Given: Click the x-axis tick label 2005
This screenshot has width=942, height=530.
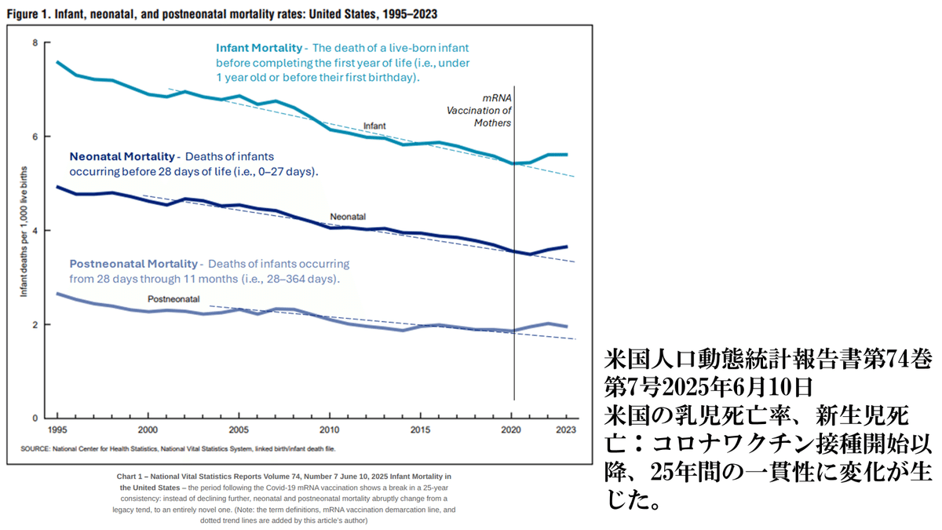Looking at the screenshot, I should (239, 429).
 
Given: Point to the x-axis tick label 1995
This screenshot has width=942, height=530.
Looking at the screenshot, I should (57, 429).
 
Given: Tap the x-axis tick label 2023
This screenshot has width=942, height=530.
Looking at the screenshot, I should (567, 429).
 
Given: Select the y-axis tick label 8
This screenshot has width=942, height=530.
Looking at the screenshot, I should (35, 42).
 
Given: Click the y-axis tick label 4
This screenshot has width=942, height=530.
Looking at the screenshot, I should (35, 230).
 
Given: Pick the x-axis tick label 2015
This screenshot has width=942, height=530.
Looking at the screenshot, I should (421, 429).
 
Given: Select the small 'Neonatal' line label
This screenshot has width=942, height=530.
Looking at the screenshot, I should (348, 216).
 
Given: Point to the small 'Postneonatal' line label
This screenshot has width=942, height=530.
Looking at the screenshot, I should (174, 299).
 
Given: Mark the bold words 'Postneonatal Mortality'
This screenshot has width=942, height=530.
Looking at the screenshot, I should (134, 264).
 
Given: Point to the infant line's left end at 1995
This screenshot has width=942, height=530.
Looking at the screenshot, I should (57, 61).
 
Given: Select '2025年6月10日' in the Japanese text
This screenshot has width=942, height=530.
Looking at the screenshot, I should (733, 387).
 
